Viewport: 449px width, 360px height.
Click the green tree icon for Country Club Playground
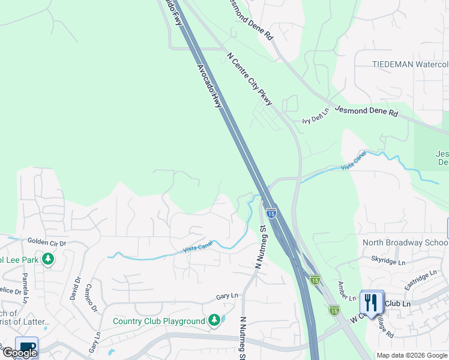point(214,321)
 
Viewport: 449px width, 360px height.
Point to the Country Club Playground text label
point(159,321)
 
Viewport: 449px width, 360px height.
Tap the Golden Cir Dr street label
point(46,242)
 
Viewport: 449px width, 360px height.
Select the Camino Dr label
point(92,298)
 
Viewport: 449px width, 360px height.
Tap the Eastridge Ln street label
point(421,280)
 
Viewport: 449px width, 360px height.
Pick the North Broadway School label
point(405,242)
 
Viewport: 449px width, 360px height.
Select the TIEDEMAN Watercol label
point(410,64)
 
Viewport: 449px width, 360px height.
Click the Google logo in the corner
point(20,353)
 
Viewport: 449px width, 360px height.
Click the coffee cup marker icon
point(27,347)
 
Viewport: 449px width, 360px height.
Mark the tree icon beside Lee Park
point(47,260)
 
